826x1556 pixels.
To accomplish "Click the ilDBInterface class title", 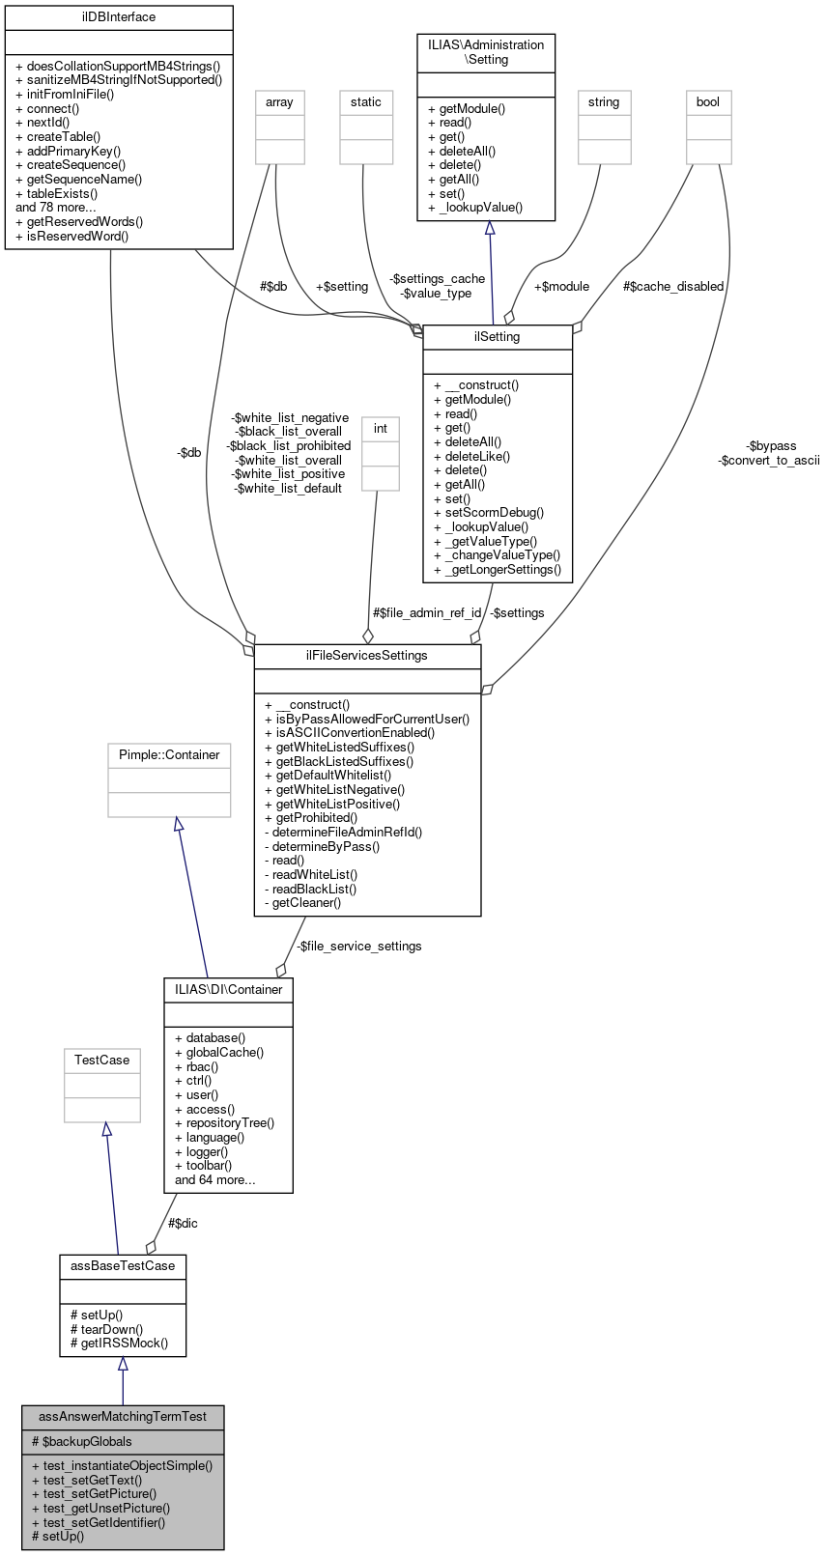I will point(119,17).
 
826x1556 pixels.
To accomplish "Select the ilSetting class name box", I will point(498,337).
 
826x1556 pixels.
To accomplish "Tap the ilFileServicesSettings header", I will point(367,655).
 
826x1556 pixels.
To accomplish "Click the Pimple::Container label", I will point(169,754).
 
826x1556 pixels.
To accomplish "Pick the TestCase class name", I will point(102,1060).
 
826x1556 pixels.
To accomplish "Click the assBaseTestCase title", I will point(123,1265).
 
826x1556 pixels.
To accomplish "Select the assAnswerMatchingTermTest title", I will point(123,1416).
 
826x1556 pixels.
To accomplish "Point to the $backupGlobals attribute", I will point(81,1441).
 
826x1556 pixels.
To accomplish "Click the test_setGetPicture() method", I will point(94,1493).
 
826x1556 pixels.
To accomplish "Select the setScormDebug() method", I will point(489,513).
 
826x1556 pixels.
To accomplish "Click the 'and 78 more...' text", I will point(56,207).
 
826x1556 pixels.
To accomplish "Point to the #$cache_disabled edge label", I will point(673,286).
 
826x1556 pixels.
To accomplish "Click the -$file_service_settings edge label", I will point(358,946).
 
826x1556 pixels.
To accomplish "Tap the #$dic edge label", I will point(183,1223).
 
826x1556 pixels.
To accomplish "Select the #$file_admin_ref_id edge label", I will point(427,612).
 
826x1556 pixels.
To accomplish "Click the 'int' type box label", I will point(381,428).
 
